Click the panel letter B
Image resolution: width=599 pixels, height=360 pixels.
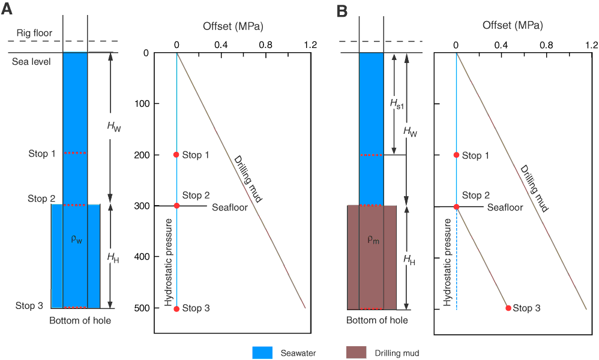click(343, 10)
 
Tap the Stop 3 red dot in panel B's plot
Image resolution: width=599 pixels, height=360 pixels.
click(508, 308)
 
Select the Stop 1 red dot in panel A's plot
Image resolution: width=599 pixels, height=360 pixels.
click(176, 155)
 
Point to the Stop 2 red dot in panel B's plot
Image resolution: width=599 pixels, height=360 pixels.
click(457, 207)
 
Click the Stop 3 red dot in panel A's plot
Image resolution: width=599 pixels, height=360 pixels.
click(176, 308)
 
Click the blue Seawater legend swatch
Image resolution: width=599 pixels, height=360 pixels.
click(262, 353)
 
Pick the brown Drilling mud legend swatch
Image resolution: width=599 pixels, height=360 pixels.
click(357, 353)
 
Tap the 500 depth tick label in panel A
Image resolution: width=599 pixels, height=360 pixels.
click(142, 308)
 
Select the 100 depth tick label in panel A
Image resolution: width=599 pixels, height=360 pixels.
click(142, 104)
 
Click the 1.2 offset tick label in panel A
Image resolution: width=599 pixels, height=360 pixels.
click(310, 44)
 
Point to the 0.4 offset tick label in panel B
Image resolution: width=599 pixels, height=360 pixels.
click(501, 44)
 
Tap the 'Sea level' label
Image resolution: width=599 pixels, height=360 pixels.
click(31, 61)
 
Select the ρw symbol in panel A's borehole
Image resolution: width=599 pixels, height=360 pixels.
click(76, 239)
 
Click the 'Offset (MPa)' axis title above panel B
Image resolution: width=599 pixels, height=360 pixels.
click(513, 26)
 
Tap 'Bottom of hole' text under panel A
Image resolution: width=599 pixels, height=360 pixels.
click(80, 320)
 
